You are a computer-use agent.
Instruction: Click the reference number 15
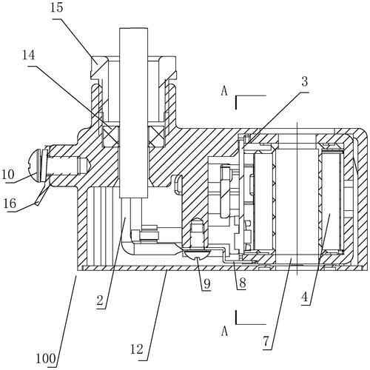click(x=56, y=8)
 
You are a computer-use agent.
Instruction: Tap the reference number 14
click(x=29, y=55)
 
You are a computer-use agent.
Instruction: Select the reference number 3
click(x=305, y=82)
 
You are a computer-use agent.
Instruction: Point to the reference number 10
click(x=8, y=175)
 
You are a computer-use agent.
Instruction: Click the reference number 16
click(x=10, y=203)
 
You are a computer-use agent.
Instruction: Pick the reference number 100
click(x=46, y=358)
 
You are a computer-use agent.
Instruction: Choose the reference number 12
click(x=137, y=349)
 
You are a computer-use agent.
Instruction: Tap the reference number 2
click(x=100, y=301)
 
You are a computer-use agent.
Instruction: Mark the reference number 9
click(x=207, y=284)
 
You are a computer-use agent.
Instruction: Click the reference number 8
click(x=243, y=283)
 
